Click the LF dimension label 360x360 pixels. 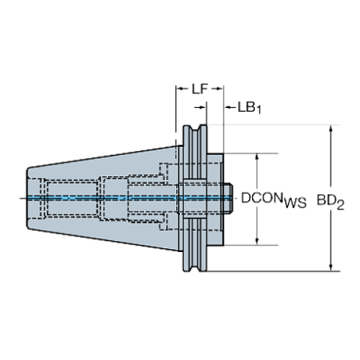[196, 89]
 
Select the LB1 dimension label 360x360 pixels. [250, 107]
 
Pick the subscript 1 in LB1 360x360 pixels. [259, 109]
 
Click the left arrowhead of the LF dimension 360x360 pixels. [181, 89]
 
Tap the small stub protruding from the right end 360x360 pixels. [228, 199]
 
